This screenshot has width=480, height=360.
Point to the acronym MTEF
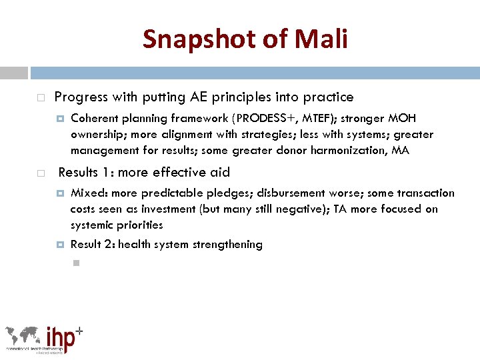tap(313, 119)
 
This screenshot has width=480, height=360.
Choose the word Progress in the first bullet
tap(81, 97)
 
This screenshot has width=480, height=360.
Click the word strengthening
tap(227, 245)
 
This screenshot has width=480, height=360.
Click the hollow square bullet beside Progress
tap(41, 98)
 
